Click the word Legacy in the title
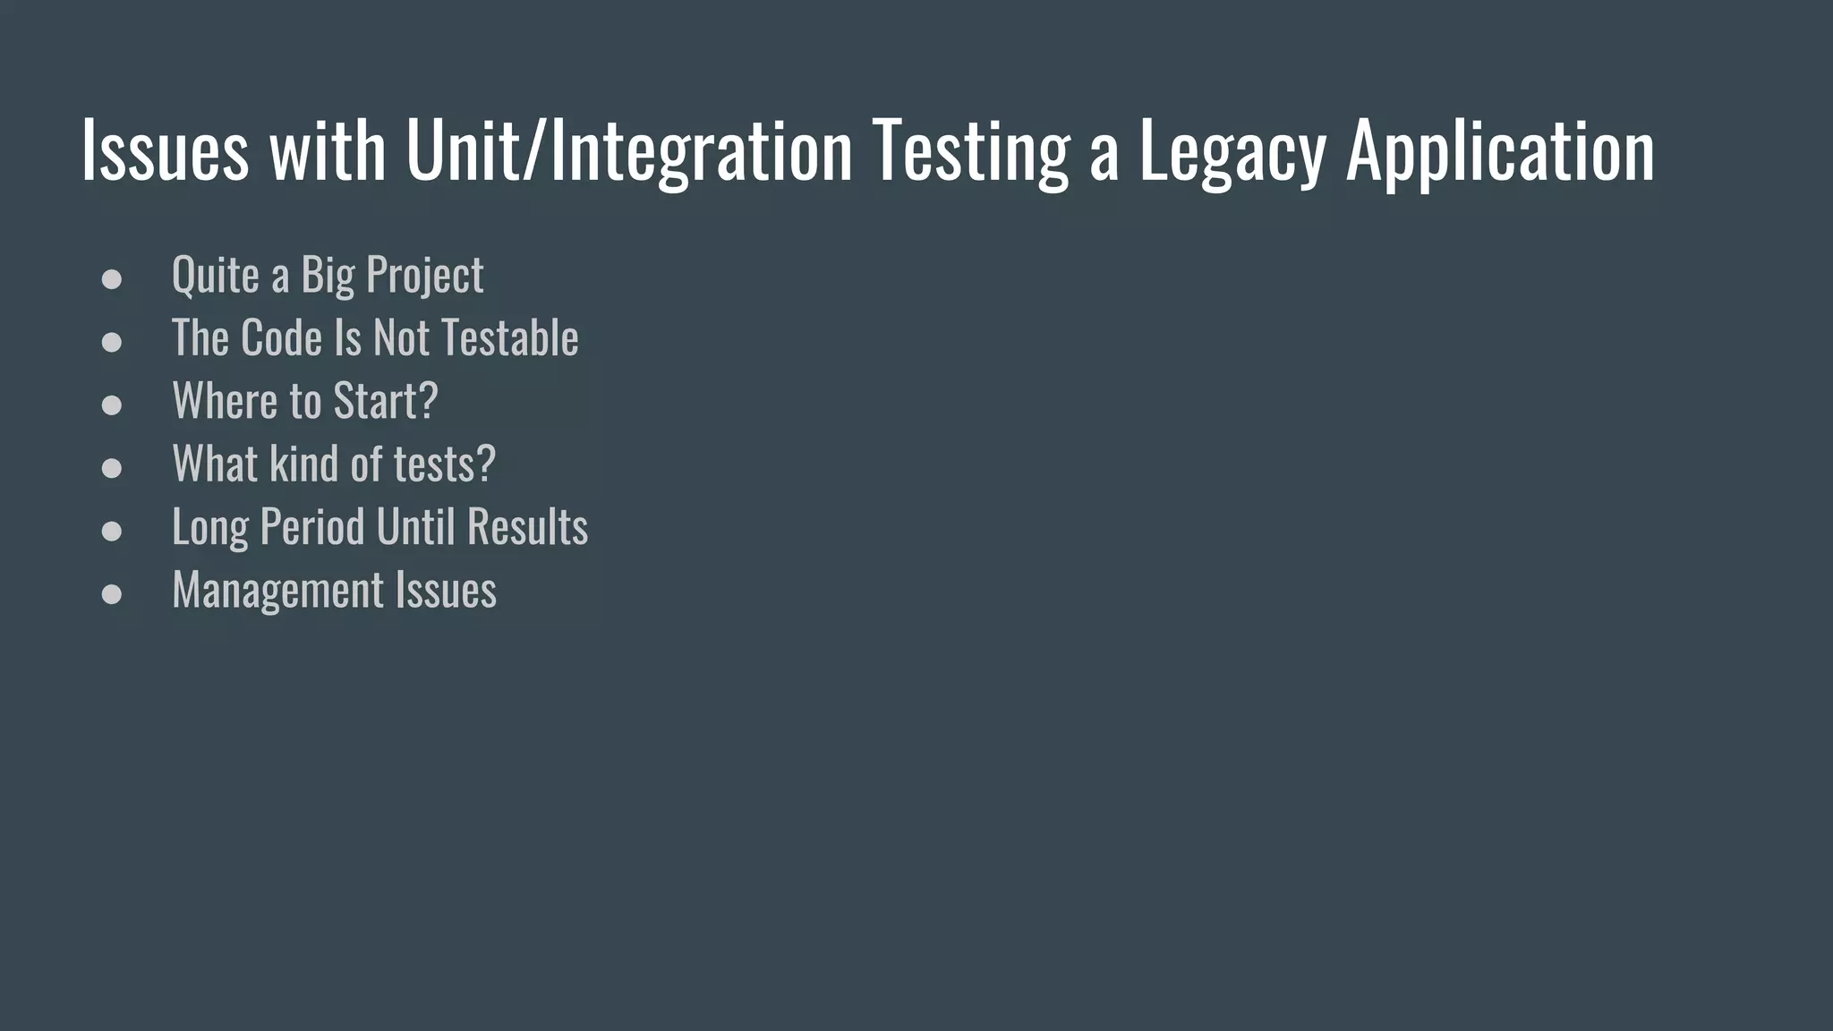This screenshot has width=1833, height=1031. (x=1232, y=152)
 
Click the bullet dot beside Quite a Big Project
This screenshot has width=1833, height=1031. (x=112, y=279)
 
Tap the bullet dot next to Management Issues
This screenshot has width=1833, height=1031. (x=112, y=594)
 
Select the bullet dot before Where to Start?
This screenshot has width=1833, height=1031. (x=112, y=405)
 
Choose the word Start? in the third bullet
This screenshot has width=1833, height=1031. (x=386, y=401)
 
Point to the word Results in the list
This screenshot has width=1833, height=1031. (x=527, y=526)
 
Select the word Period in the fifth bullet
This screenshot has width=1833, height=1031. (x=312, y=526)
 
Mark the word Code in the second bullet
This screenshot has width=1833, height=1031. (x=281, y=338)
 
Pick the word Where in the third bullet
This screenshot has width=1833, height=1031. (x=225, y=401)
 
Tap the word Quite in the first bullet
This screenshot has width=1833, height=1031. (x=215, y=276)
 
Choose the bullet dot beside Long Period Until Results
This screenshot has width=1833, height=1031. (x=112, y=531)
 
